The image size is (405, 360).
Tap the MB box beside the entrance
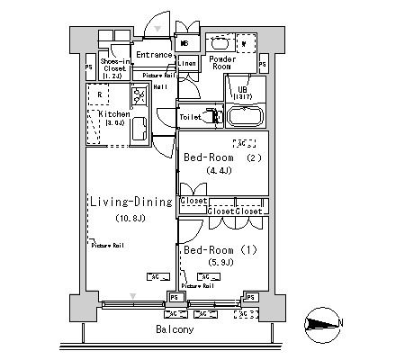(184, 43)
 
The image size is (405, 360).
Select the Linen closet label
(186, 63)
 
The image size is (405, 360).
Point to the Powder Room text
(221, 62)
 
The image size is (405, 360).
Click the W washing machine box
(244, 42)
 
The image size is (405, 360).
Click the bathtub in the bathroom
(244, 116)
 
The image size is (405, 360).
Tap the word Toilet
(190, 117)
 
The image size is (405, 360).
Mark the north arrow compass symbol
(321, 323)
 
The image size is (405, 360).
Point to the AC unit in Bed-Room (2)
(242, 142)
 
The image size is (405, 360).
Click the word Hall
(160, 86)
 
